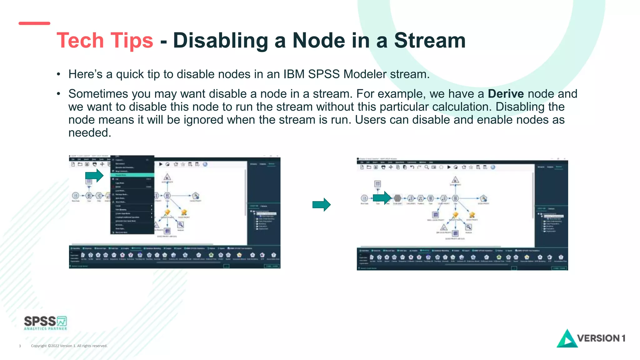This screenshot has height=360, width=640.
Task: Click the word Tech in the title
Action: coord(80,41)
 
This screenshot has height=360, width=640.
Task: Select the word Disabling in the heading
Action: coord(220,41)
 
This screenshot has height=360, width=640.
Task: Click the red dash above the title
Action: coord(34,23)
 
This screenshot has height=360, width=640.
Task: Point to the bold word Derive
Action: coord(506,94)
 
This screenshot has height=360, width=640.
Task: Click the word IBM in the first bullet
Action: coord(294,74)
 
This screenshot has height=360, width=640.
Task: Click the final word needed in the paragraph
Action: coord(90,133)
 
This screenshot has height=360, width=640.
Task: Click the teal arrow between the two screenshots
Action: coord(321,205)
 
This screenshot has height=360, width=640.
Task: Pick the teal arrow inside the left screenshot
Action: coord(94,176)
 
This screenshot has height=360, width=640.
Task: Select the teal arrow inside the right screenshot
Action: coord(382,198)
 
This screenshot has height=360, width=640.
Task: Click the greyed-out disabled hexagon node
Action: coord(397,198)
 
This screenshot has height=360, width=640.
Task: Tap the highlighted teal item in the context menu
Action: coord(132,175)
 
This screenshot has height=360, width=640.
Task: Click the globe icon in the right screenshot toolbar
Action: coord(493,167)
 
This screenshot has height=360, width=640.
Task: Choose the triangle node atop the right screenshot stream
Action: coord(455,180)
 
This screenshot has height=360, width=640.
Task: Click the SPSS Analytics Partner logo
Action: coord(45,323)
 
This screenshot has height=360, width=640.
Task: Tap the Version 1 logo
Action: coord(591,338)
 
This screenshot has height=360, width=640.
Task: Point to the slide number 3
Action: coord(20,346)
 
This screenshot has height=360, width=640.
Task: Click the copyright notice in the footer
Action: coord(69,346)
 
